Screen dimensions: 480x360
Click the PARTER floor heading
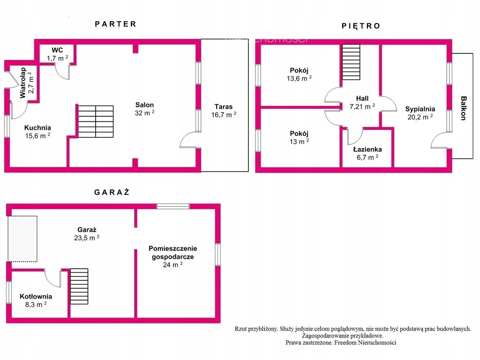point(115,24)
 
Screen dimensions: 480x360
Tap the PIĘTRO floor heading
point(361,26)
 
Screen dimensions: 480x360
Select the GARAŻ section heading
point(112,192)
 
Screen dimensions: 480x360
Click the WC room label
point(57,50)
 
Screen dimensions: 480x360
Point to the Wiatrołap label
point(23,83)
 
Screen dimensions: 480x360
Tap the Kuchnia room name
point(37,127)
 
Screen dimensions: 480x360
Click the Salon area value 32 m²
point(144,113)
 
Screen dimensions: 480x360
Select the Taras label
point(224,106)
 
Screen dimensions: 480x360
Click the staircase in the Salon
point(96,121)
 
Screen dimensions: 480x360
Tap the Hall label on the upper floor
point(362,98)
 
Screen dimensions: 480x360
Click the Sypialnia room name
point(420,109)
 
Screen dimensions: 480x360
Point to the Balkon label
point(464,108)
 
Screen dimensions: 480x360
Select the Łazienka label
point(367,150)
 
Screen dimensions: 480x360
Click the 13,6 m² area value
point(299,78)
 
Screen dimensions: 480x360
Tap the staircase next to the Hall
point(351,62)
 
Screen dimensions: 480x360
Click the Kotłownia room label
point(36,296)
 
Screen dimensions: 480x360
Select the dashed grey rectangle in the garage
point(22,239)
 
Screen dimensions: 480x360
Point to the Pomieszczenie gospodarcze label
point(172,253)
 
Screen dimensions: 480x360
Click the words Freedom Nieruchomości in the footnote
point(365,343)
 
